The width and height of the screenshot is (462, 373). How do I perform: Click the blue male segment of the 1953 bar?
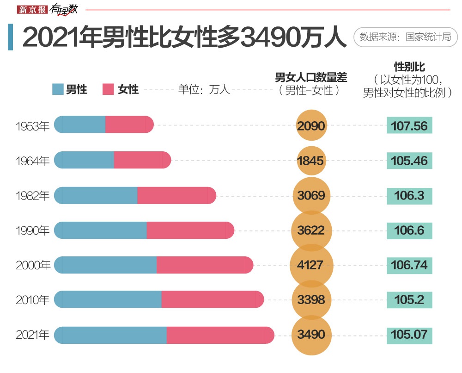[80, 124]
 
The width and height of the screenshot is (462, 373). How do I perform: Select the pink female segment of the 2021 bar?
[220, 335]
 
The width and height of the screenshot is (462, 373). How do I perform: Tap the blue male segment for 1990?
[101, 230]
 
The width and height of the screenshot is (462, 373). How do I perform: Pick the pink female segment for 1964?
[142, 160]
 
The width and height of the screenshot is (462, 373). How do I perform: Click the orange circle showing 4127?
[311, 265]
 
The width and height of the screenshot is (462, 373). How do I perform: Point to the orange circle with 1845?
[311, 161]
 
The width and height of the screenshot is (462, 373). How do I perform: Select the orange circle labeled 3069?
[311, 195]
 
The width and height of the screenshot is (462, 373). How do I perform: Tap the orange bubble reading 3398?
[311, 300]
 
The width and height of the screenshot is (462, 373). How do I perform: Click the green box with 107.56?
[409, 125]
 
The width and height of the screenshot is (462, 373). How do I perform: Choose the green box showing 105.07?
[409, 334]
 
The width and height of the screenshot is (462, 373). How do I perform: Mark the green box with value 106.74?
[409, 265]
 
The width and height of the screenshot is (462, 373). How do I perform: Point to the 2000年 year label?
[32, 265]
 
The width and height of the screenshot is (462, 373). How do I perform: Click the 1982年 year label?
[32, 195]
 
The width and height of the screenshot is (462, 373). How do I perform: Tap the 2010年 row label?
[32, 300]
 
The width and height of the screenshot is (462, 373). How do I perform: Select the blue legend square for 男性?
[58, 89]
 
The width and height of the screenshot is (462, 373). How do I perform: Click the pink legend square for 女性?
[108, 89]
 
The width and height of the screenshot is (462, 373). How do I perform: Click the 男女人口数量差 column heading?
[311, 78]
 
